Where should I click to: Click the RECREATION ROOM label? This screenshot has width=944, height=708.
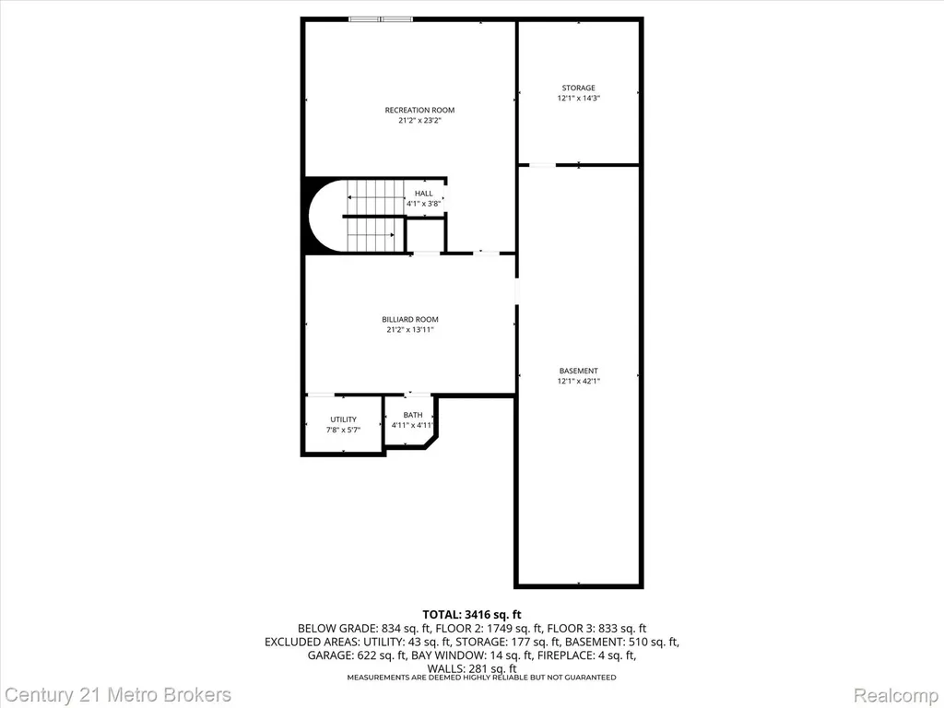[419, 111]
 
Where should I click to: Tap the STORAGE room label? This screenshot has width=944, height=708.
[579, 88]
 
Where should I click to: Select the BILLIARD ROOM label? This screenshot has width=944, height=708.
[410, 320]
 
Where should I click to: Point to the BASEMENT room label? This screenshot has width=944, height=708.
[579, 371]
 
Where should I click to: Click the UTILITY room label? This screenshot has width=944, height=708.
[343, 419]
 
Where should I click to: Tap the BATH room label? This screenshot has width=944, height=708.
[413, 415]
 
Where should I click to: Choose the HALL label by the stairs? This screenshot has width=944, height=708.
[424, 194]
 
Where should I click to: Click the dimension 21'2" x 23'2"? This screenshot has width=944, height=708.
[419, 121]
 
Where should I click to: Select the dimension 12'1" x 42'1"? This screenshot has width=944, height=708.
[579, 381]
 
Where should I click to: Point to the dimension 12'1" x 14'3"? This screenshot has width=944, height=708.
[579, 98]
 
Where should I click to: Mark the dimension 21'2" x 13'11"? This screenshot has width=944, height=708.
[410, 330]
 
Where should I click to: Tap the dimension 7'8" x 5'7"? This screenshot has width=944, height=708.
[343, 430]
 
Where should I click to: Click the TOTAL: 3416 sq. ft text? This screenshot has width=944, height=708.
[472, 615]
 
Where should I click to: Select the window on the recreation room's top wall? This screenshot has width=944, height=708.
[381, 19]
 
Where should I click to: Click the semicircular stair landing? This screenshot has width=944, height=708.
[325, 215]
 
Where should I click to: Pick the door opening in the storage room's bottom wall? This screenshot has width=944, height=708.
[542, 164]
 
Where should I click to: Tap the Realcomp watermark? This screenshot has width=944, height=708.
[896, 695]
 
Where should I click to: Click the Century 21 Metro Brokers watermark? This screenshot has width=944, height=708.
[118, 695]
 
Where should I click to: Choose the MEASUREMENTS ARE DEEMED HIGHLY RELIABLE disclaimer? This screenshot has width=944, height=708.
[481, 678]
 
